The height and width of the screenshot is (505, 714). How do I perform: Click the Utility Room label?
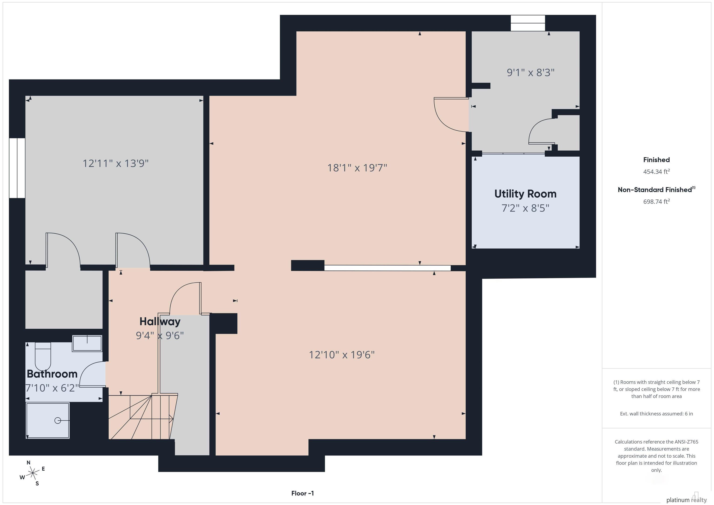tap(525, 194)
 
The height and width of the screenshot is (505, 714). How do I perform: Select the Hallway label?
tap(160, 322)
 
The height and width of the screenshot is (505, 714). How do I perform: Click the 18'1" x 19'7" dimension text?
tap(357, 168)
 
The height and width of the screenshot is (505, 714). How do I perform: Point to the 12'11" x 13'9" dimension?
tap(115, 163)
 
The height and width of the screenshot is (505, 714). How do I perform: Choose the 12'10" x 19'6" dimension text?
tap(342, 355)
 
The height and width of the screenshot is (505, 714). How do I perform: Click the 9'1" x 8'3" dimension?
tap(531, 73)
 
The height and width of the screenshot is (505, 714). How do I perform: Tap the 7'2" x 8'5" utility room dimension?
tap(525, 208)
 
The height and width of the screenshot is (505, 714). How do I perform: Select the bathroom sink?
tap(87, 343)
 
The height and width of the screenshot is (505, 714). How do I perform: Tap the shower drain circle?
tap(58, 420)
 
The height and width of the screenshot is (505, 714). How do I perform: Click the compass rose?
tap(32, 473)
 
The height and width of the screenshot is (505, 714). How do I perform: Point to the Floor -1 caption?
tap(303, 493)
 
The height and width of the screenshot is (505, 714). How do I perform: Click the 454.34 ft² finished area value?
tap(656, 171)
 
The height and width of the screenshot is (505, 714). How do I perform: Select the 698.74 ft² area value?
tap(656, 201)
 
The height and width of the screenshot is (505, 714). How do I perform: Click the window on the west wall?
tap(17, 168)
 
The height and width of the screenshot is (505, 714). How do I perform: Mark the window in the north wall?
tap(528, 23)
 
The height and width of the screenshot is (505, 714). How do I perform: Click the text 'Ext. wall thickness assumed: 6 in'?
tap(656, 414)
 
